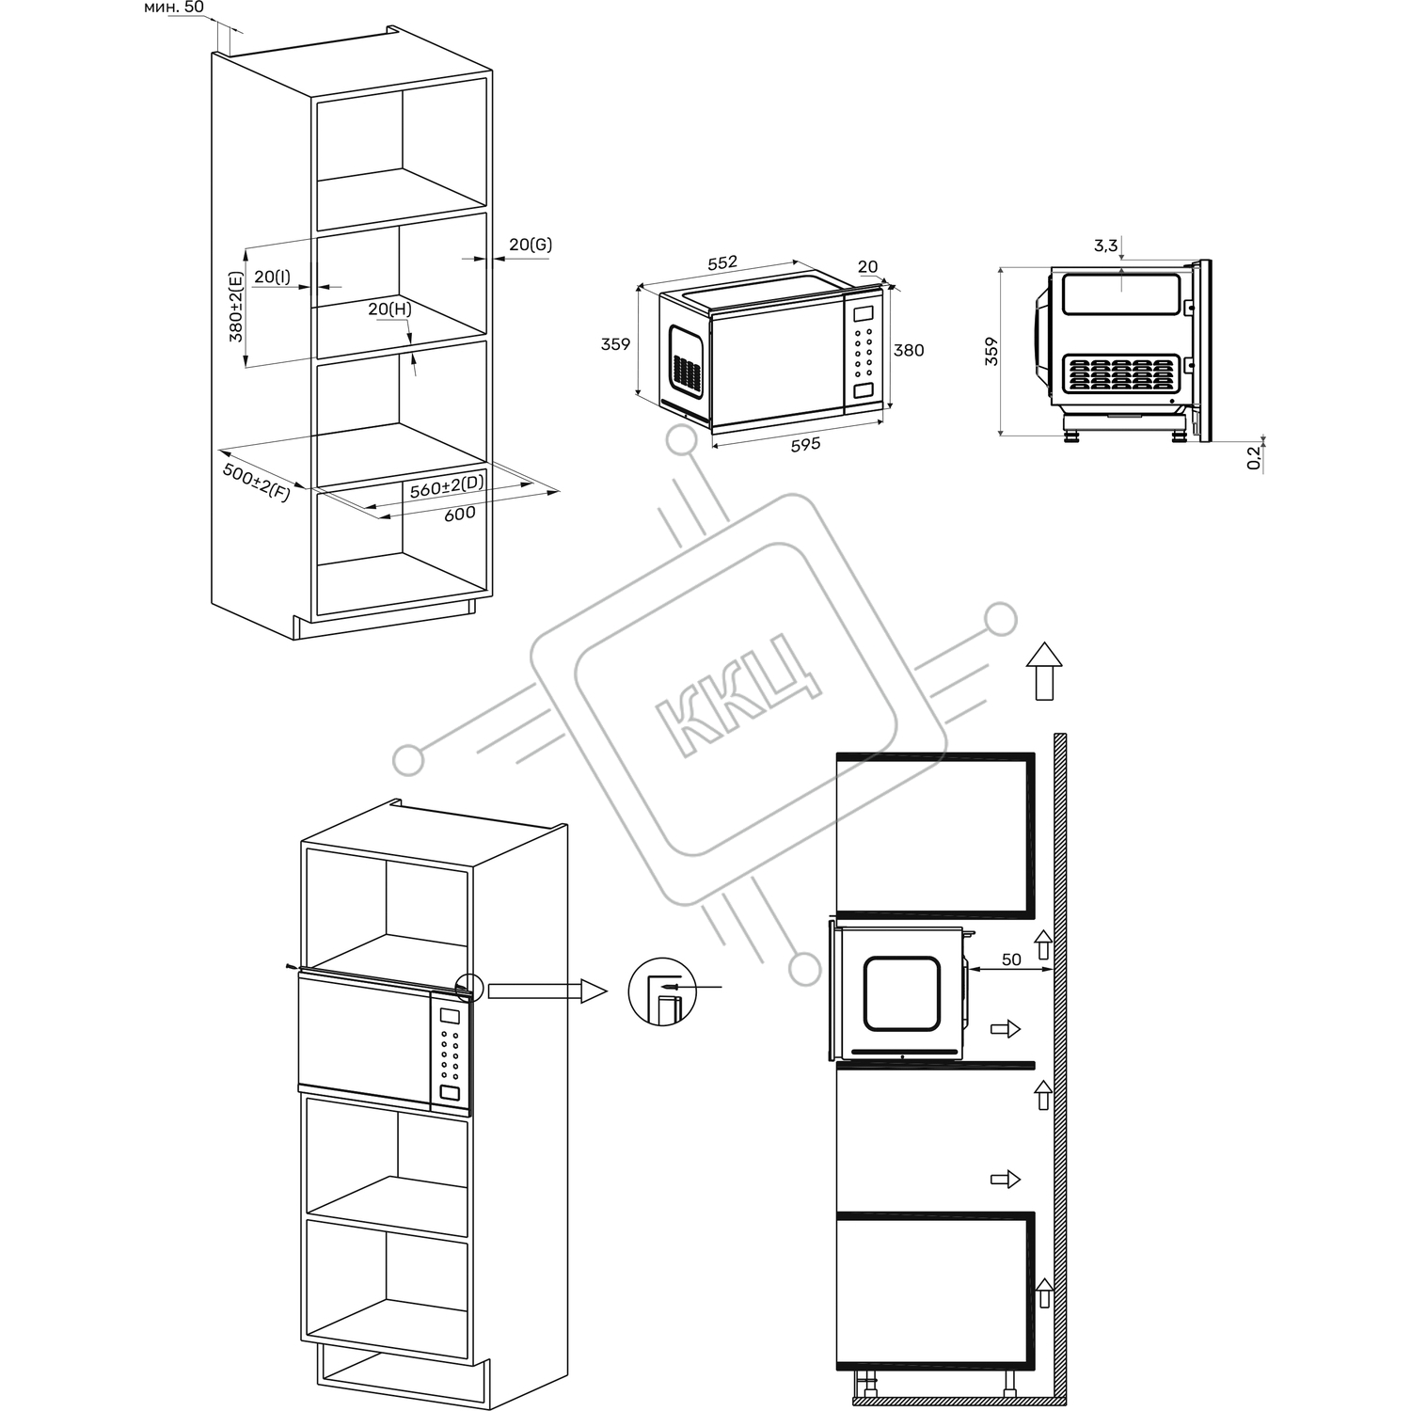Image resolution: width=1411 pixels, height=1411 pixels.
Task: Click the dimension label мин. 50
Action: click(x=174, y=8)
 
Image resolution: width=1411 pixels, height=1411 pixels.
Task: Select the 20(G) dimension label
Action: click(x=531, y=245)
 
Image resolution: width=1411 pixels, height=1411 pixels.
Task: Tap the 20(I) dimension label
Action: click(x=272, y=277)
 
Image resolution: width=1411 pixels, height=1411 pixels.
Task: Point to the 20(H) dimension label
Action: click(x=389, y=309)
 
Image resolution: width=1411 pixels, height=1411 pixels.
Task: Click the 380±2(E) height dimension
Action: click(x=235, y=306)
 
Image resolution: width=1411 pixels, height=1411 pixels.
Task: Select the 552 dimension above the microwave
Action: click(x=722, y=262)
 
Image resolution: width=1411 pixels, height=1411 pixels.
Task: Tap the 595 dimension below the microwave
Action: click(x=805, y=444)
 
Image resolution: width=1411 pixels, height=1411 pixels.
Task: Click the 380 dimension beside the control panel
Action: click(x=909, y=350)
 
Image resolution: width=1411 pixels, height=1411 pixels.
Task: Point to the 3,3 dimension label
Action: click(x=1106, y=246)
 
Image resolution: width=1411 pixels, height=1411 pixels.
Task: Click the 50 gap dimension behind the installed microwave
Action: click(x=1011, y=959)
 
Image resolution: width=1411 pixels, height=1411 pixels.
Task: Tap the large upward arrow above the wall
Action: click(x=1043, y=671)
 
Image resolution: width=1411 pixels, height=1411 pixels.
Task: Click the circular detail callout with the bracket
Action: click(x=663, y=991)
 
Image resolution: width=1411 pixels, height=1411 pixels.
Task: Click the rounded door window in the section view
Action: click(x=902, y=993)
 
